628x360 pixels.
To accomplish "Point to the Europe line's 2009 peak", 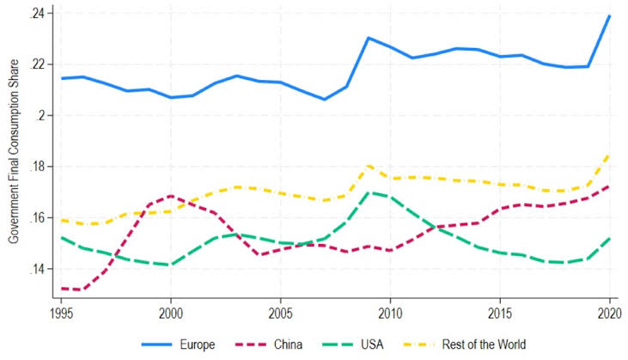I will pos(369,38).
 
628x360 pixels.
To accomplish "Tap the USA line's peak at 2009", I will pos(369,192).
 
